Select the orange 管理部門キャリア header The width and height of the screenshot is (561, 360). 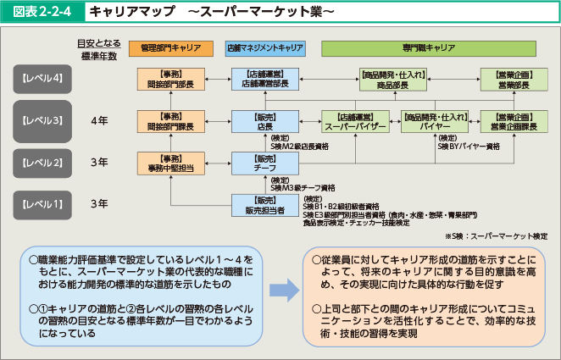[x=170, y=48]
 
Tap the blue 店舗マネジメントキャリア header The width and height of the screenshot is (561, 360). [x=265, y=48]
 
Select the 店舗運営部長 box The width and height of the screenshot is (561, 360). [x=265, y=80]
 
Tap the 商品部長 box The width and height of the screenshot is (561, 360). [x=393, y=80]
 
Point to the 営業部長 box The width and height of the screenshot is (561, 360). [x=514, y=80]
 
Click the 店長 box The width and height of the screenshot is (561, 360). [x=265, y=121]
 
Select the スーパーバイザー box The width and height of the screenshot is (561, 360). [x=354, y=121]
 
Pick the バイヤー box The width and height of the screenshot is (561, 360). [x=435, y=121]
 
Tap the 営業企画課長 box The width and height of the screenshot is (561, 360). [x=514, y=121]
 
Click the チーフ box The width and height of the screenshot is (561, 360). [x=265, y=163]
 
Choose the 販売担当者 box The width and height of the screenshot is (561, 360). [x=265, y=204]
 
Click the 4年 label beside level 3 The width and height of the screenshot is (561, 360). [x=99, y=121]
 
